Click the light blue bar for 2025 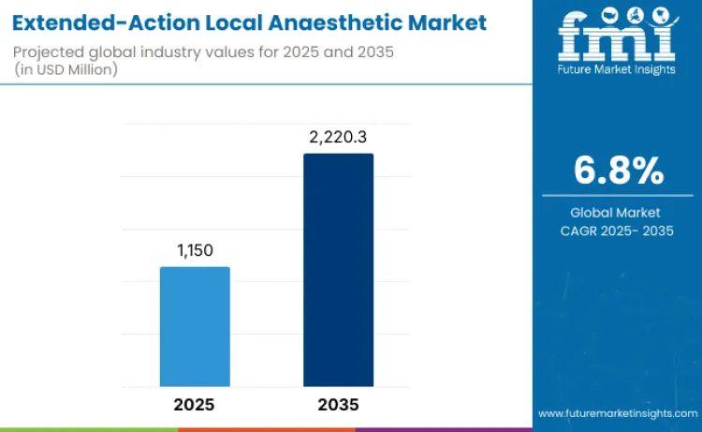tap(195, 326)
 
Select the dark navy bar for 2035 tap(338, 269)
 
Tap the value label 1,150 tap(195, 251)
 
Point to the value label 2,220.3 tap(338, 137)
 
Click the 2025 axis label tap(195, 405)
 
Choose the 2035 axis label tap(338, 405)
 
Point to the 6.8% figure tap(618, 171)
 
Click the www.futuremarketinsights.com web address tap(618, 412)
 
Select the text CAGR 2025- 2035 tap(617, 231)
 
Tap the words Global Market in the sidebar tap(617, 213)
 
